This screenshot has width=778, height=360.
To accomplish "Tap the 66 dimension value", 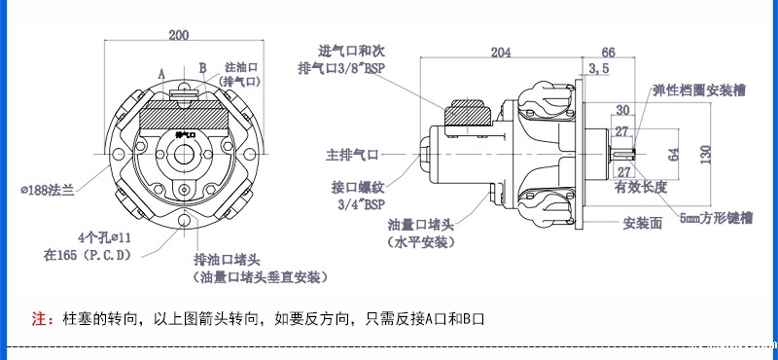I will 609,53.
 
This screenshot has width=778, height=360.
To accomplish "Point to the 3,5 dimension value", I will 599,69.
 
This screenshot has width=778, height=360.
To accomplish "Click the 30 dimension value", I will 623,111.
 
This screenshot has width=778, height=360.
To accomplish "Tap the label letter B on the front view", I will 203,67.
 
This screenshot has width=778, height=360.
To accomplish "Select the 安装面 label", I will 643,222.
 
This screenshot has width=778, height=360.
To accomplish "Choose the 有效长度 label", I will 640,187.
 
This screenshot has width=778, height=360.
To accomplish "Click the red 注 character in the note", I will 40,318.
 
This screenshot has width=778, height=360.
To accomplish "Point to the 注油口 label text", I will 240,67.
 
